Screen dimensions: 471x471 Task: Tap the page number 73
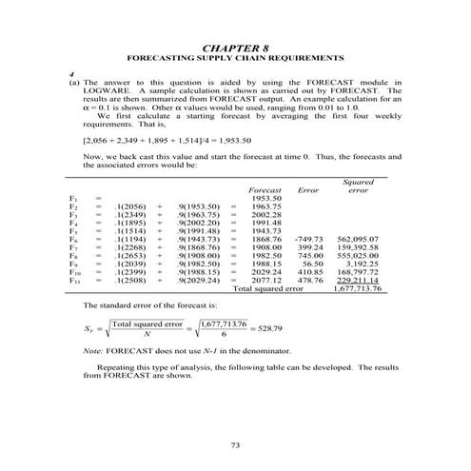click(x=236, y=445)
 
